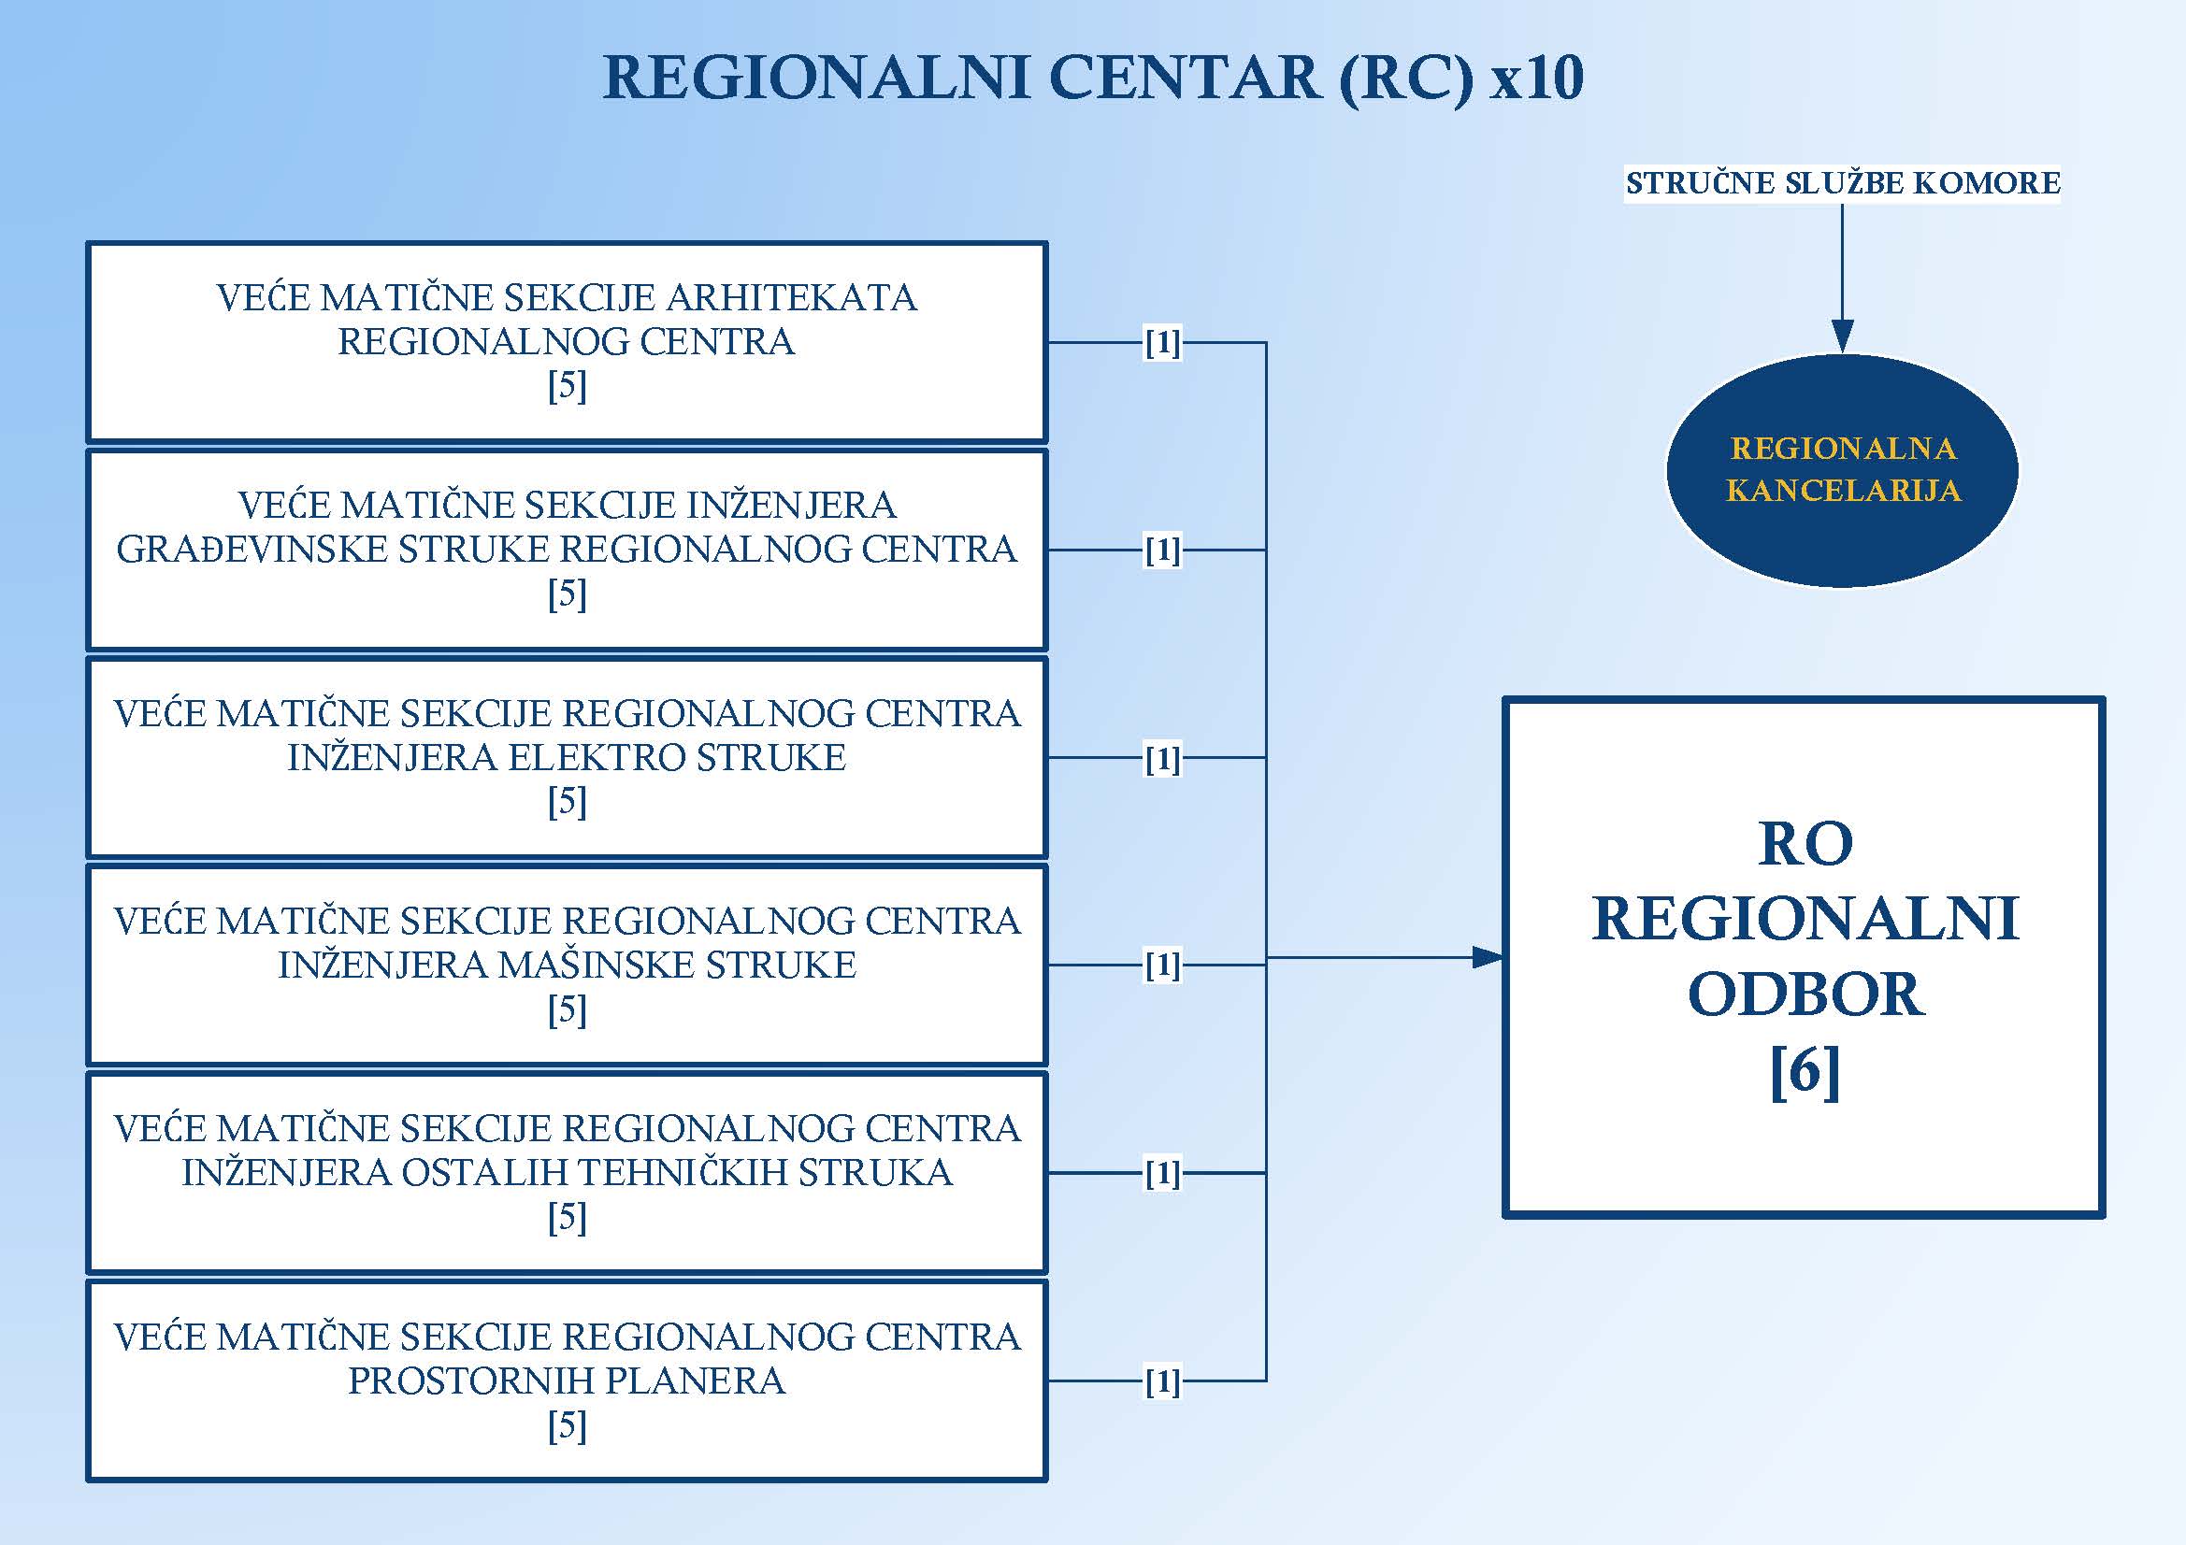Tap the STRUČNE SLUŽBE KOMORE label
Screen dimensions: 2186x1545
[1842, 183]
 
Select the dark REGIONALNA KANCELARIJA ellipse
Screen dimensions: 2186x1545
[1842, 470]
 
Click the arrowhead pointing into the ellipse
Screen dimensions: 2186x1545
[1842, 336]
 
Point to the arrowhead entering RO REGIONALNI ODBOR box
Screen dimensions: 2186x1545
[1488, 957]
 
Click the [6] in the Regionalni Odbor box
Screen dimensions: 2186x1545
[1805, 1072]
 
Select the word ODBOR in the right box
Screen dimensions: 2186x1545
[1805, 994]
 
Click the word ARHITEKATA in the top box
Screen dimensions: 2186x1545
[791, 298]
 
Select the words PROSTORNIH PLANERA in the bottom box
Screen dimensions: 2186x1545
[567, 1381]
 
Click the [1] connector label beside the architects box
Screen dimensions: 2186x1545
[1162, 343]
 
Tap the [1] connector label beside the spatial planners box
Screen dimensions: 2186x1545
[1162, 1381]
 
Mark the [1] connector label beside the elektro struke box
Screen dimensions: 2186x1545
[1162, 759]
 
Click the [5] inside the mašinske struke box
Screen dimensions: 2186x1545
[567, 1010]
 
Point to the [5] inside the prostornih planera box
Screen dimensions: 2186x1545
[567, 1426]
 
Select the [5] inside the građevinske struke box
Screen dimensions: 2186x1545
[567, 594]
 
